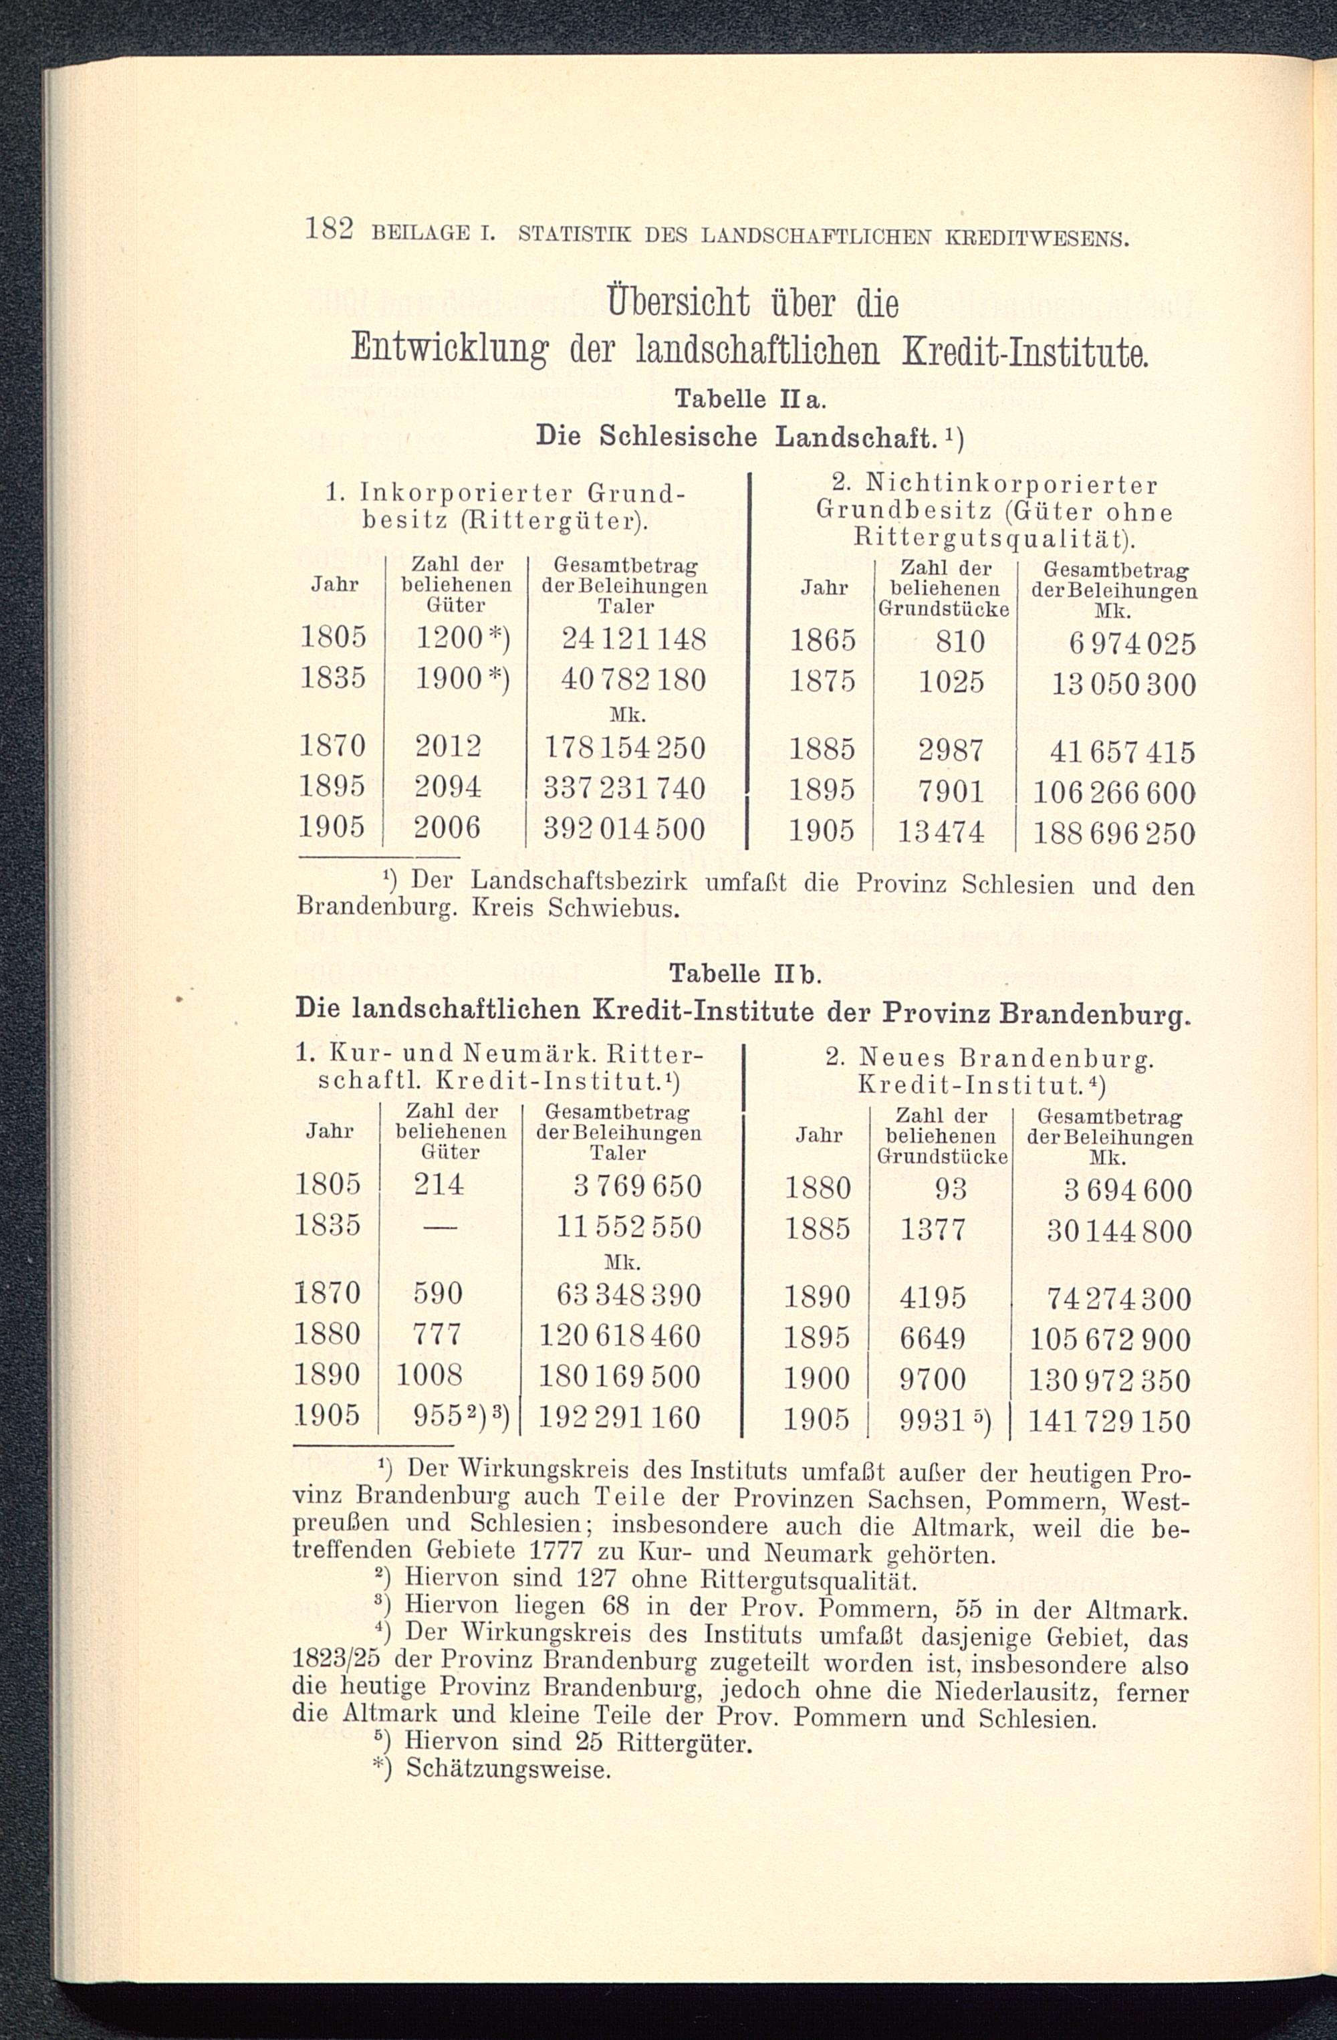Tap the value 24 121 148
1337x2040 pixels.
pos(632,639)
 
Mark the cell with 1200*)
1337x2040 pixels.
pos(461,639)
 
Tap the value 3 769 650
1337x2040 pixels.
pos(637,1186)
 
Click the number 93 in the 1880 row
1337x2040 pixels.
pos(951,1189)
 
